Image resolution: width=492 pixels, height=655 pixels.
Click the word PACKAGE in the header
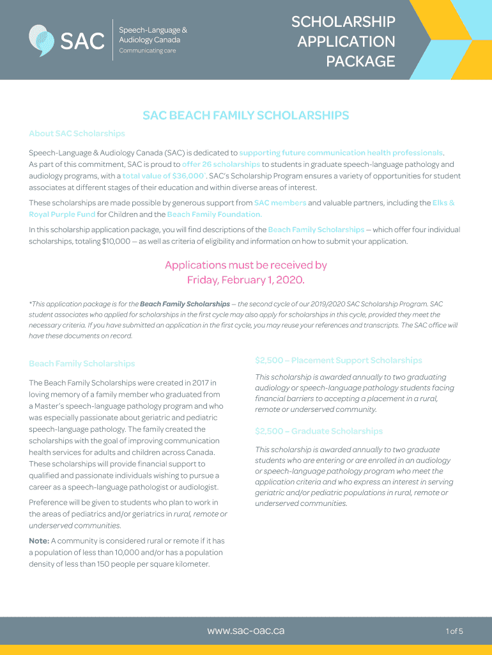click(x=360, y=61)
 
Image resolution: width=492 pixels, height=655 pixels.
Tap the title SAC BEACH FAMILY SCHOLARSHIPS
click(x=246, y=116)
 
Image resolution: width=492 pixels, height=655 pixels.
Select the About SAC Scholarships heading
click(x=77, y=134)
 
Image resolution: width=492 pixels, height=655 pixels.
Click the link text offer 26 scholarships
click(x=221, y=164)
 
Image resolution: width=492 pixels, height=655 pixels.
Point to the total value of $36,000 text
click(x=163, y=176)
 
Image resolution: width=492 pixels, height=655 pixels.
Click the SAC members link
click(x=280, y=203)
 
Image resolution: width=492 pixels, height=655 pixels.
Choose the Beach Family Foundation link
click(x=214, y=214)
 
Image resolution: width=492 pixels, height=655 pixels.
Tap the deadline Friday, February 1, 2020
click(x=246, y=280)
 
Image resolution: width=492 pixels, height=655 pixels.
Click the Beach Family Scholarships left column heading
click(x=82, y=363)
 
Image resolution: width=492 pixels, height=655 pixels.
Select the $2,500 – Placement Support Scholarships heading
click(x=338, y=360)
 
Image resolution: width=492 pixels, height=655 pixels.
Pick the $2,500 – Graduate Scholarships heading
click(x=319, y=431)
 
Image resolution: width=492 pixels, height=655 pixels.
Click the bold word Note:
click(x=39, y=541)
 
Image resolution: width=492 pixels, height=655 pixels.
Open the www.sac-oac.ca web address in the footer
click(x=246, y=631)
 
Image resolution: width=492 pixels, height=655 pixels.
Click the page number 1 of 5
click(x=454, y=631)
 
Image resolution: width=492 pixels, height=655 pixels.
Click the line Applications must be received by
click(x=246, y=265)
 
